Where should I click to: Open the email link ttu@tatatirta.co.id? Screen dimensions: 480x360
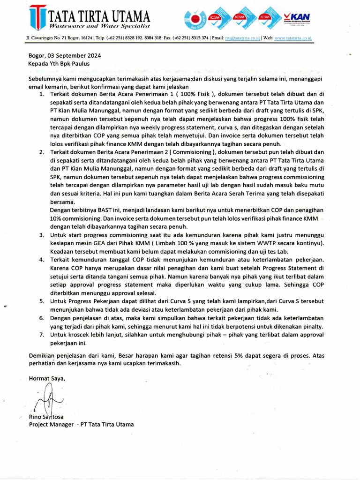[242, 38]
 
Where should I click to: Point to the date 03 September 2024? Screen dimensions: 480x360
[75, 55]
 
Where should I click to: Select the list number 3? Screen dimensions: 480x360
[41, 235]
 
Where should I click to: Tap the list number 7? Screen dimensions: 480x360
[41, 334]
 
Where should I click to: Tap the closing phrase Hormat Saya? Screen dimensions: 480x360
[47, 378]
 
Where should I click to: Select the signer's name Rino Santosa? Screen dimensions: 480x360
[46, 416]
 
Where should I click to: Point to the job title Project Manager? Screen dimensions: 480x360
[51, 424]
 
